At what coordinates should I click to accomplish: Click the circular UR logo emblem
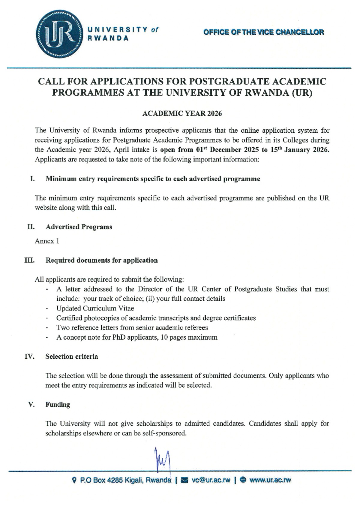click(59, 34)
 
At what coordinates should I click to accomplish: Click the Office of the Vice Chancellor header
click(263, 32)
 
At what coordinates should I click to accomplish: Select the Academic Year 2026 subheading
click(182, 113)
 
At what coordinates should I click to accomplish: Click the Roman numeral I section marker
click(32, 179)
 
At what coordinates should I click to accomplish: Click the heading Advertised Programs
click(79, 227)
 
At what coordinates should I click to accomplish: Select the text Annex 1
click(47, 241)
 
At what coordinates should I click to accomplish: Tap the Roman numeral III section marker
click(29, 260)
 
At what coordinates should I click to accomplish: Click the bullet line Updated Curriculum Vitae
click(95, 308)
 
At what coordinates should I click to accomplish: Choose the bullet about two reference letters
click(132, 327)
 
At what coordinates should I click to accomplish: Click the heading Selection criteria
click(71, 357)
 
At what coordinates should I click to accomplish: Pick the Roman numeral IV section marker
click(29, 357)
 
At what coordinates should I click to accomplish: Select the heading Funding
click(58, 405)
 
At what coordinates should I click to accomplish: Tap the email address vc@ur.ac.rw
click(211, 480)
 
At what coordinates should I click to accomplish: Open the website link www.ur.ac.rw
click(270, 480)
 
